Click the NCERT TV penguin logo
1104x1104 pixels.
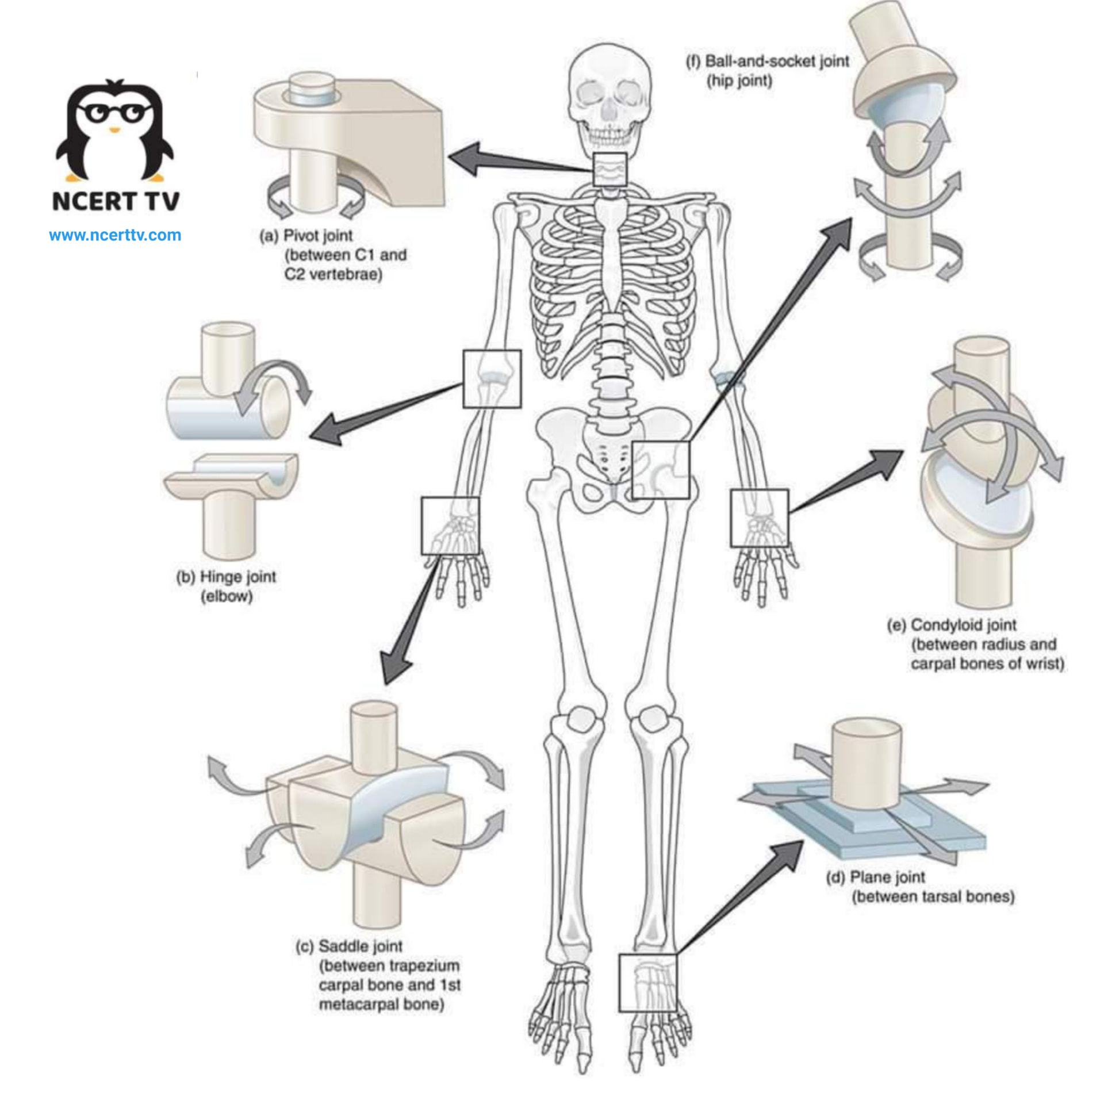pos(115,130)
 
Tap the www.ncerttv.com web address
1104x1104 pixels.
pos(115,235)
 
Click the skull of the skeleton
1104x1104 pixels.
pos(609,98)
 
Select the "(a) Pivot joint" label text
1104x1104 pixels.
pos(306,236)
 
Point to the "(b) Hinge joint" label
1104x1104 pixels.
pos(226,577)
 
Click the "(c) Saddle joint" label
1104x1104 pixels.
pos(349,946)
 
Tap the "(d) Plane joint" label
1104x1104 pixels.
pos(876,877)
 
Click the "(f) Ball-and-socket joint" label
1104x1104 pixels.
pos(768,61)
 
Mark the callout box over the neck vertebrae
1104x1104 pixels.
pos(609,170)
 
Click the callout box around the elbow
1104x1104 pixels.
pos(492,379)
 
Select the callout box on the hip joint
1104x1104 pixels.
pos(661,470)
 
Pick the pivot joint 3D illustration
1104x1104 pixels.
pos(348,146)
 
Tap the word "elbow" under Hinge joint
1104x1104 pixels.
pos(227,596)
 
